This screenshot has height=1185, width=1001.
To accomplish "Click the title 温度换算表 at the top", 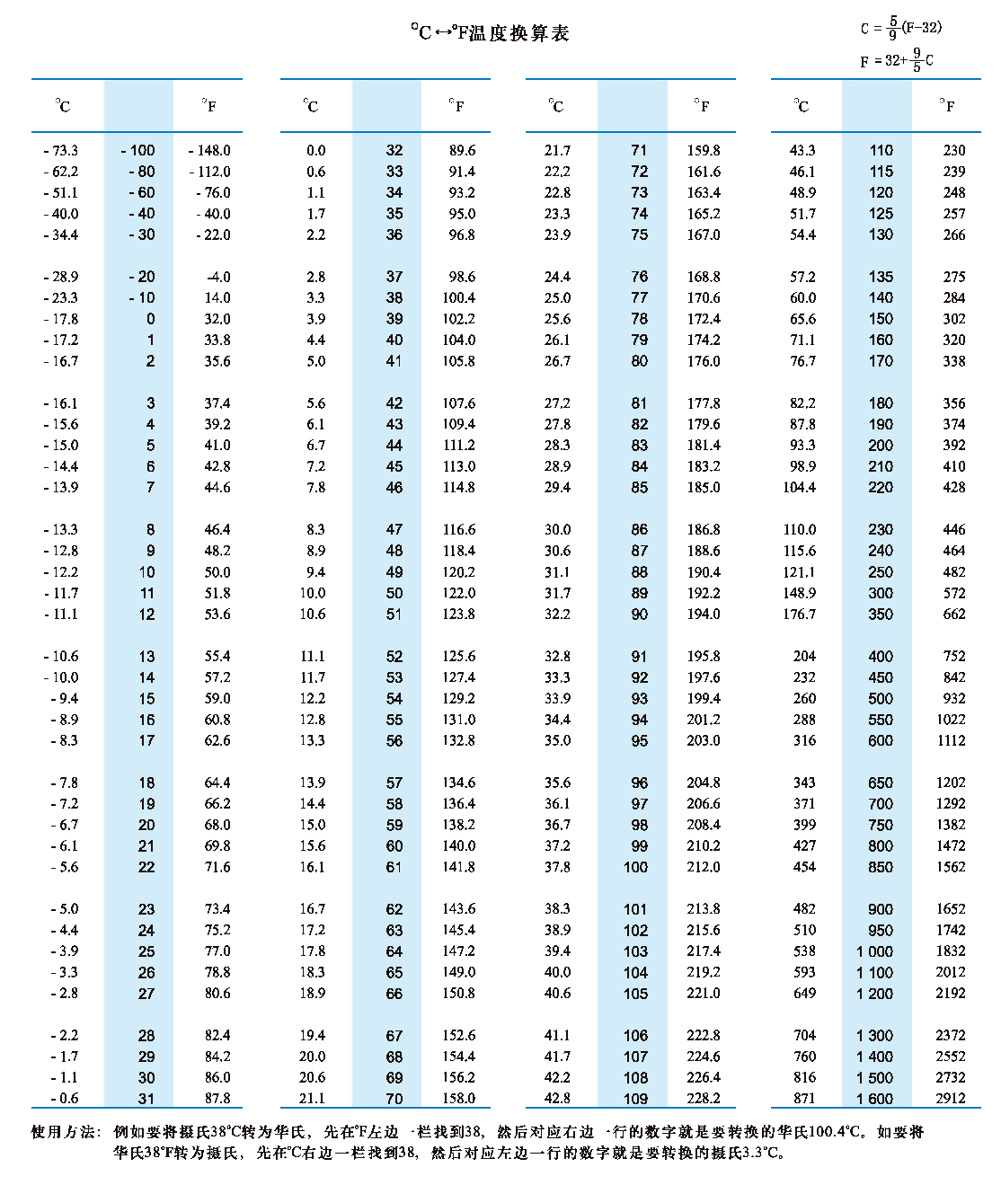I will (x=490, y=33).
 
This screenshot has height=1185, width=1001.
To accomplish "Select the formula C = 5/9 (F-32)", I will (x=901, y=28).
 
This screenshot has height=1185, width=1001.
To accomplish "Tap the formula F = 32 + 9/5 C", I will (x=897, y=60).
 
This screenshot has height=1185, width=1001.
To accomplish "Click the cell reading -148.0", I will (x=209, y=150).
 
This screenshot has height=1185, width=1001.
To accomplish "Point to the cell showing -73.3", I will (x=60, y=150).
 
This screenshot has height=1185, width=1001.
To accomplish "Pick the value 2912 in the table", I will (x=950, y=1098).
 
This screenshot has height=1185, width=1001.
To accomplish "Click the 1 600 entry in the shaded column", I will (x=874, y=1098).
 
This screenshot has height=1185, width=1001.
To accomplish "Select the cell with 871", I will (x=804, y=1098).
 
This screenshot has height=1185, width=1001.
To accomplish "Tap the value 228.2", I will (x=704, y=1098).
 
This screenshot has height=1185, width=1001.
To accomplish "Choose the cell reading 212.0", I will (x=704, y=867).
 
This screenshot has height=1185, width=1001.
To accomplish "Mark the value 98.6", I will (x=462, y=277).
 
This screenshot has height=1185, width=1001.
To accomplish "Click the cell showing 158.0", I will (x=458, y=1098).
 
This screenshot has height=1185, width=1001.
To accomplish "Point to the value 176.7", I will (x=799, y=615).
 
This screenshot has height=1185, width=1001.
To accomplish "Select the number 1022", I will (x=950, y=720).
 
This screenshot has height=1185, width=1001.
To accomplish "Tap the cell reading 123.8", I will (x=458, y=615).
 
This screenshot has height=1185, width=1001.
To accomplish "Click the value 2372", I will (x=950, y=1035).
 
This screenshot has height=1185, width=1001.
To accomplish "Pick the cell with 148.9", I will (x=799, y=593).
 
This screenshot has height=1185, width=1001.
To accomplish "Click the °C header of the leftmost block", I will (x=63, y=106).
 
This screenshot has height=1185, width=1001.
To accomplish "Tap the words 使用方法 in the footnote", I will (x=63, y=1132).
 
